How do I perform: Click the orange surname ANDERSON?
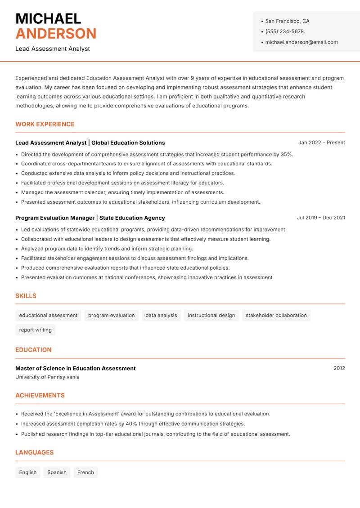56,34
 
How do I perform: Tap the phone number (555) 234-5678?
284,31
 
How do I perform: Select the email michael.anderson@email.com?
301,42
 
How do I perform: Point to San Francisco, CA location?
287,21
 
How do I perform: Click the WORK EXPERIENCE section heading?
45,124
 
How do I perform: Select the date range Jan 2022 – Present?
321,143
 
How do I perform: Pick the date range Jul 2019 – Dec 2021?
321,218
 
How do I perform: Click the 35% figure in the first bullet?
287,154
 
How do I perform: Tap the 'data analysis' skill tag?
161,315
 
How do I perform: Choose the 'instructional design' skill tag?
211,315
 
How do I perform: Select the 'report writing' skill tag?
35,330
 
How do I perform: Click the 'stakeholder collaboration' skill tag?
276,315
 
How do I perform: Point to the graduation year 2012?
339,368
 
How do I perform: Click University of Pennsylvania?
47,377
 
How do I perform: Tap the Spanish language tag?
57,472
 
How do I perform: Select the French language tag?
85,472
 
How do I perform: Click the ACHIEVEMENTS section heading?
40,396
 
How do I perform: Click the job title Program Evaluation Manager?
54,218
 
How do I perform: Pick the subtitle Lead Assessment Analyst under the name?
53,49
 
